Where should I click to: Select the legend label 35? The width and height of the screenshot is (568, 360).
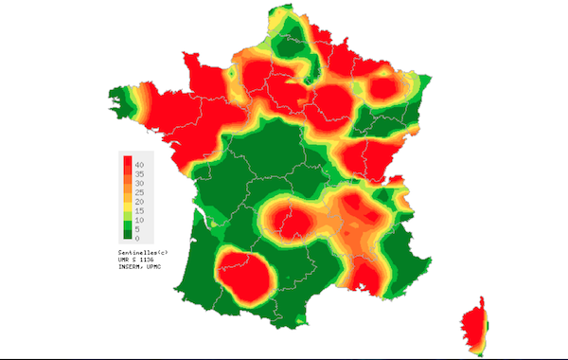click(x=139, y=175)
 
